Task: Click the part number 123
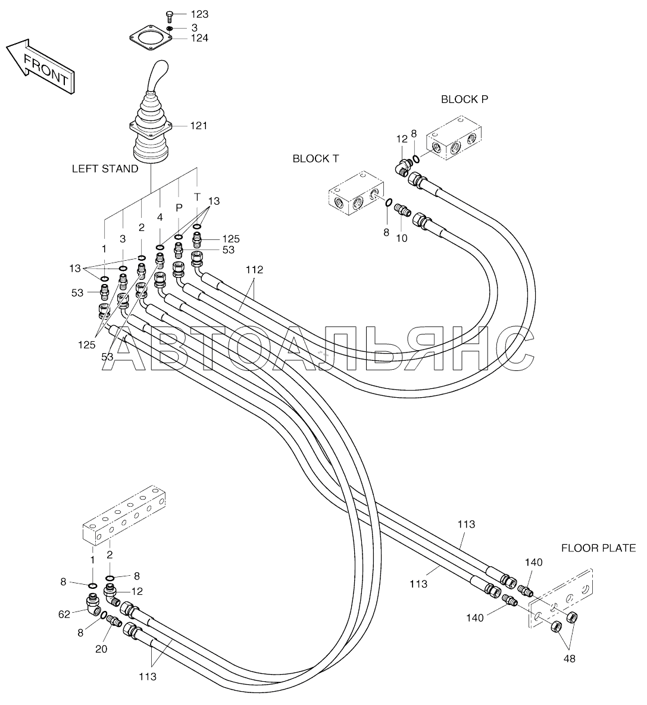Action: [x=199, y=14]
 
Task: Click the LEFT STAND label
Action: [x=105, y=169]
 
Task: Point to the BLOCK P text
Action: [x=465, y=99]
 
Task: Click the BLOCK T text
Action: [x=315, y=159]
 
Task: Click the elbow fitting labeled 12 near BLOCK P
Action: [x=402, y=167]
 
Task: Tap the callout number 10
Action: [x=402, y=238]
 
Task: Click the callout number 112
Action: [x=254, y=270]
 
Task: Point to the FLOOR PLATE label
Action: [x=598, y=548]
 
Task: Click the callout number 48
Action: [x=569, y=659]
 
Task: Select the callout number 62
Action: [x=64, y=614]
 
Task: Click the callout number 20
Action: [x=102, y=649]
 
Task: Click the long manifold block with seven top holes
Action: [x=124, y=517]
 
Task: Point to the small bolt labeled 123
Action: [x=170, y=16]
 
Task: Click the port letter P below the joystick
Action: [x=179, y=208]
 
